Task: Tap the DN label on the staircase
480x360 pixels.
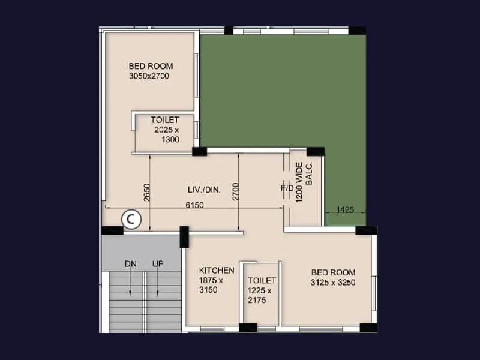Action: [x=131, y=264]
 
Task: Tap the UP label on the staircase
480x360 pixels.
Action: [x=158, y=264]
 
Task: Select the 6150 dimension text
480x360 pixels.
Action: [x=194, y=205]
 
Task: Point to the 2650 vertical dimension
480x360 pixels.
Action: [x=146, y=193]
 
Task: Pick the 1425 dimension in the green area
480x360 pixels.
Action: [x=345, y=210]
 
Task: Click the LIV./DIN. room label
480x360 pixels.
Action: [x=204, y=190]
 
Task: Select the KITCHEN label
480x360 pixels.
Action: [x=217, y=271]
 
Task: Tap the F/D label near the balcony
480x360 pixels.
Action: [x=287, y=188]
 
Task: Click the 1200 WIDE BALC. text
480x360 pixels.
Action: [x=304, y=182]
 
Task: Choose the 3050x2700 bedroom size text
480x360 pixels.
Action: [x=151, y=76]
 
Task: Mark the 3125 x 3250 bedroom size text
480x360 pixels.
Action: [x=333, y=282]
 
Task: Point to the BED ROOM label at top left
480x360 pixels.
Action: [x=151, y=66]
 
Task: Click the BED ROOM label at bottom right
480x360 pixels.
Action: [x=333, y=272]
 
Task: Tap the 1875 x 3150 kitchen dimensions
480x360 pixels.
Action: [x=211, y=285]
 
